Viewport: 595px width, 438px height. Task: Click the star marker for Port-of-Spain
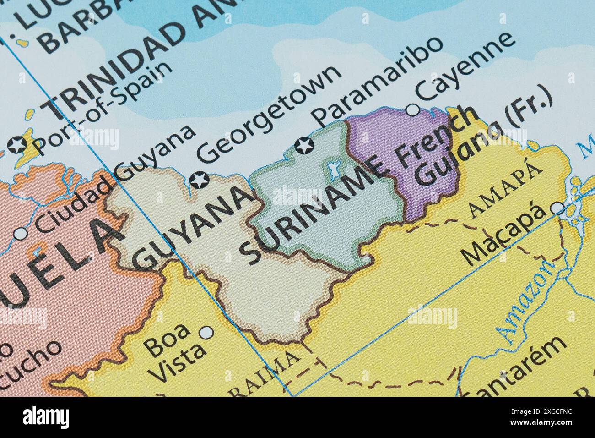pyautogui.click(x=17, y=146)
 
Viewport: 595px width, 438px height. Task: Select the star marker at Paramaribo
pyautogui.click(x=303, y=146)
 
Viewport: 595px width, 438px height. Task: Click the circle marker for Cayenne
pyautogui.click(x=413, y=110)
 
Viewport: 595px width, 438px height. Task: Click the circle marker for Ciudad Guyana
pyautogui.click(x=21, y=234)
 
